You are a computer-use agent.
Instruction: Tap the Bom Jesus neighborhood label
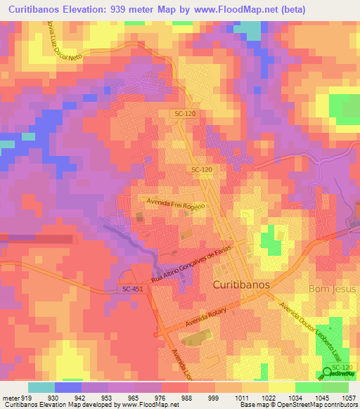pos(333,289)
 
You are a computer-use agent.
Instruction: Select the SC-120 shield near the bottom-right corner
pos(342,368)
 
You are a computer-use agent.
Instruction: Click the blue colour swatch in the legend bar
pos(68,387)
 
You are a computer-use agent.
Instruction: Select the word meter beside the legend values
pos(12,398)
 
